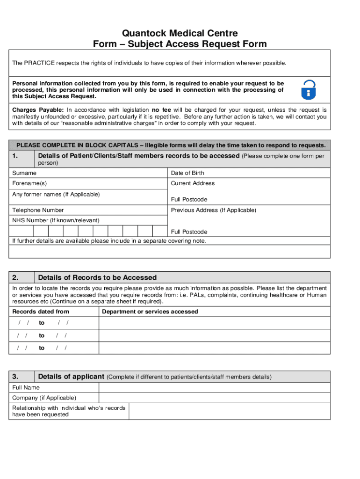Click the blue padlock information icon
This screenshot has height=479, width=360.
point(308,89)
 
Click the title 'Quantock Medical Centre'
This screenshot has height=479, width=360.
point(180,33)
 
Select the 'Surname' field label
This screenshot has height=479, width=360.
point(24,173)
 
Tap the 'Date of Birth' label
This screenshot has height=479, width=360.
point(187,173)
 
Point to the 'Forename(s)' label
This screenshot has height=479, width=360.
point(29,183)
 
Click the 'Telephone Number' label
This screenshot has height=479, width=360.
point(38,210)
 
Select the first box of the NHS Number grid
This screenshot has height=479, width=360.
point(41,231)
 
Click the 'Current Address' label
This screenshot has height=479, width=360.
point(193,183)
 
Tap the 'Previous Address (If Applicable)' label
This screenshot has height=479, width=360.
point(213,210)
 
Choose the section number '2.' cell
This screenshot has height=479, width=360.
point(22,277)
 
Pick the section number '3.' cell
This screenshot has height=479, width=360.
point(22,377)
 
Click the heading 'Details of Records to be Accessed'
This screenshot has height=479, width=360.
point(97,277)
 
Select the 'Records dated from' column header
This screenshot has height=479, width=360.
point(41,312)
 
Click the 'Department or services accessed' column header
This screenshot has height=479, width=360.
point(150,312)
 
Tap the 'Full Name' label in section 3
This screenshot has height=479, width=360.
point(26,387)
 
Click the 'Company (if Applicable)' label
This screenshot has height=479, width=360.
point(44,398)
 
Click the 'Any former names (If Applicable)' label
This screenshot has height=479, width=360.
point(56,194)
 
